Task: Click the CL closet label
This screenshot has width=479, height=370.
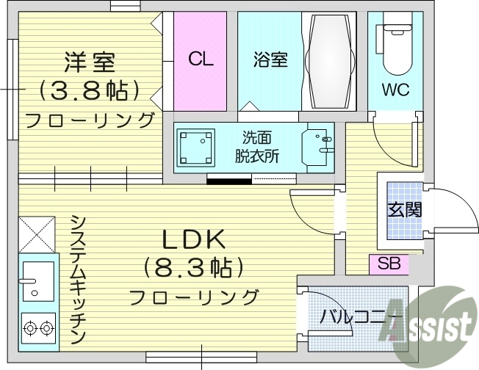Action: [x=200, y=59]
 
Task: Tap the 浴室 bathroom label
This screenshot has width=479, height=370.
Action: [x=270, y=59]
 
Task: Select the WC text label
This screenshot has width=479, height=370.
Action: [x=395, y=91]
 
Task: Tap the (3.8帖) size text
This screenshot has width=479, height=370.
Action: [x=90, y=90]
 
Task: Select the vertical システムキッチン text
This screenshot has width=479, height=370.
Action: [x=79, y=279]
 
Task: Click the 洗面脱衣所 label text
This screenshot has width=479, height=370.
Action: [x=252, y=146]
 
